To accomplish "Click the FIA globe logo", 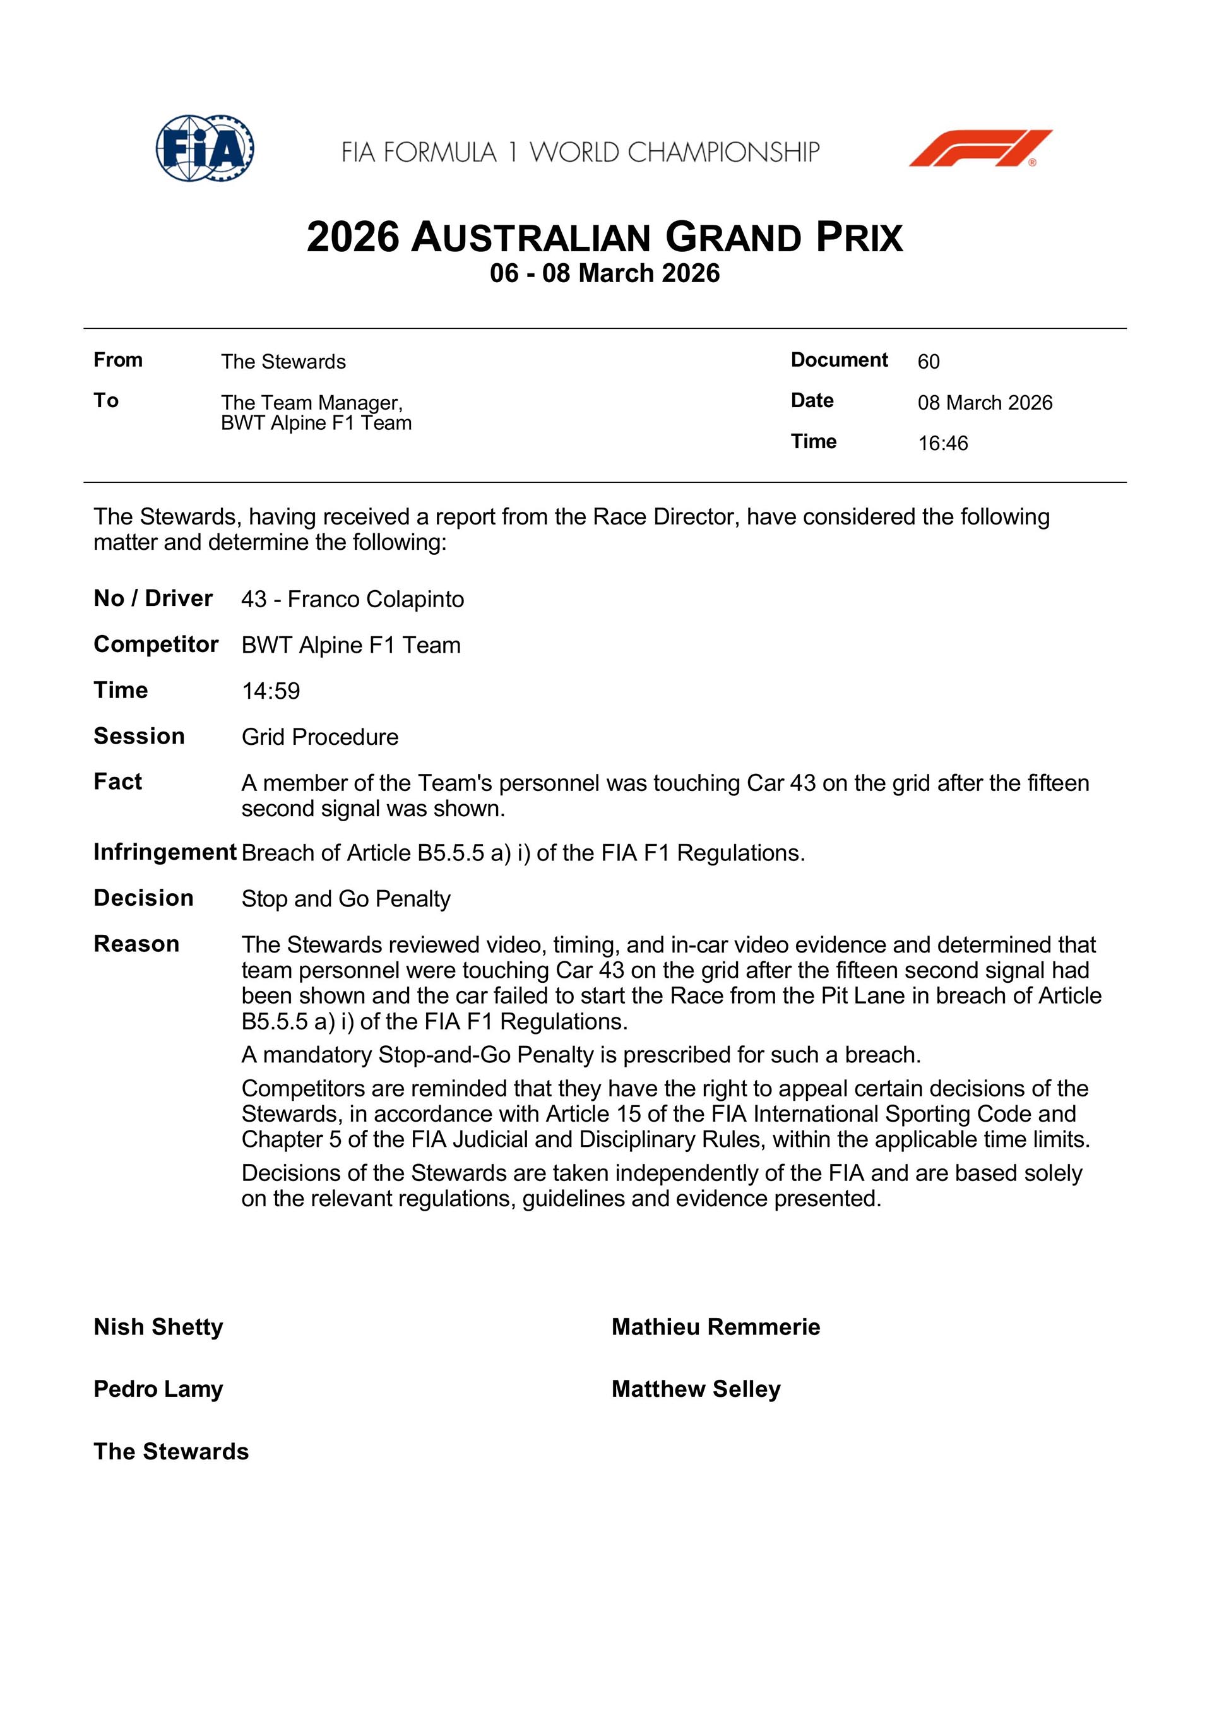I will pyautogui.click(x=204, y=148).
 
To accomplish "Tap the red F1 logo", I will pyautogui.click(x=980, y=148).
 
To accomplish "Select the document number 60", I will pyautogui.click(x=928, y=362).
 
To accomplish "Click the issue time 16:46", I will pyautogui.click(x=942, y=444).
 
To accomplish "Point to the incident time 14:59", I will pyautogui.click(x=271, y=691).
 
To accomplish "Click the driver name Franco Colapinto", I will pyautogui.click(x=375, y=599).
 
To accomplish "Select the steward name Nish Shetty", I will pyautogui.click(x=158, y=1327).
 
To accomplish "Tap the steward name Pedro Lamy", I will pyautogui.click(x=158, y=1389).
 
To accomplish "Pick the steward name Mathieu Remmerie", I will pyautogui.click(x=715, y=1327).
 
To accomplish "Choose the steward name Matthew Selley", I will pyautogui.click(x=696, y=1389).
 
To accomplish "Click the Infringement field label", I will pyautogui.click(x=164, y=852).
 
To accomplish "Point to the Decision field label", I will pyautogui.click(x=143, y=898).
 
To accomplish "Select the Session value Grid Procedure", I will pyautogui.click(x=320, y=737).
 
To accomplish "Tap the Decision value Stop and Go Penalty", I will pyautogui.click(x=346, y=899).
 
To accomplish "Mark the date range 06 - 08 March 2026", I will pyautogui.click(x=605, y=273).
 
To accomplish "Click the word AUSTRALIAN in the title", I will pyautogui.click(x=530, y=238).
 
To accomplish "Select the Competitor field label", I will pyautogui.click(x=155, y=644).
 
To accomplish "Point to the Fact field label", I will pyautogui.click(x=117, y=781).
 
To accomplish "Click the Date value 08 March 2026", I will pyautogui.click(x=984, y=403).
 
